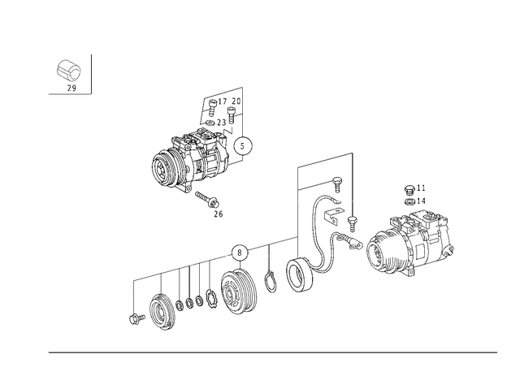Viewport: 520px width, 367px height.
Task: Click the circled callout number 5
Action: point(243,146)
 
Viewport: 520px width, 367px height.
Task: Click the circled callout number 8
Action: point(240,253)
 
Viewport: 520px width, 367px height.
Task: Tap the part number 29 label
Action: point(71,89)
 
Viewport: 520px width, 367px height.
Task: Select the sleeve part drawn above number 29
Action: point(67,71)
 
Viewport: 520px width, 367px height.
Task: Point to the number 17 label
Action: point(222,101)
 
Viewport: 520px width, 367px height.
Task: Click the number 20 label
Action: point(236,101)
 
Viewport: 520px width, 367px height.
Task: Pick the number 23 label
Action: point(222,123)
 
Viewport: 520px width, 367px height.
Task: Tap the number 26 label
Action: point(219,214)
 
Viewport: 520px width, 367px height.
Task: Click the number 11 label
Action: point(421,188)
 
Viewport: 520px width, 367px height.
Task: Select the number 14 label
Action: point(421,201)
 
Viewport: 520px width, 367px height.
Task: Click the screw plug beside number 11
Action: point(409,190)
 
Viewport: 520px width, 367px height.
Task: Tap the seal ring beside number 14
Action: point(409,201)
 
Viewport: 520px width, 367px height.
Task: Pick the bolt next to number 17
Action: point(213,107)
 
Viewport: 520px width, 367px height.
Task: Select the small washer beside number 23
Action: point(210,123)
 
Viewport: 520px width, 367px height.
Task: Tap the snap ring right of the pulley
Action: point(271,282)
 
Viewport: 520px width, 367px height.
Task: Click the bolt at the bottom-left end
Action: point(136,318)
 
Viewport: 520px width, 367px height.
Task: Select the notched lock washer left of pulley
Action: point(210,298)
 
